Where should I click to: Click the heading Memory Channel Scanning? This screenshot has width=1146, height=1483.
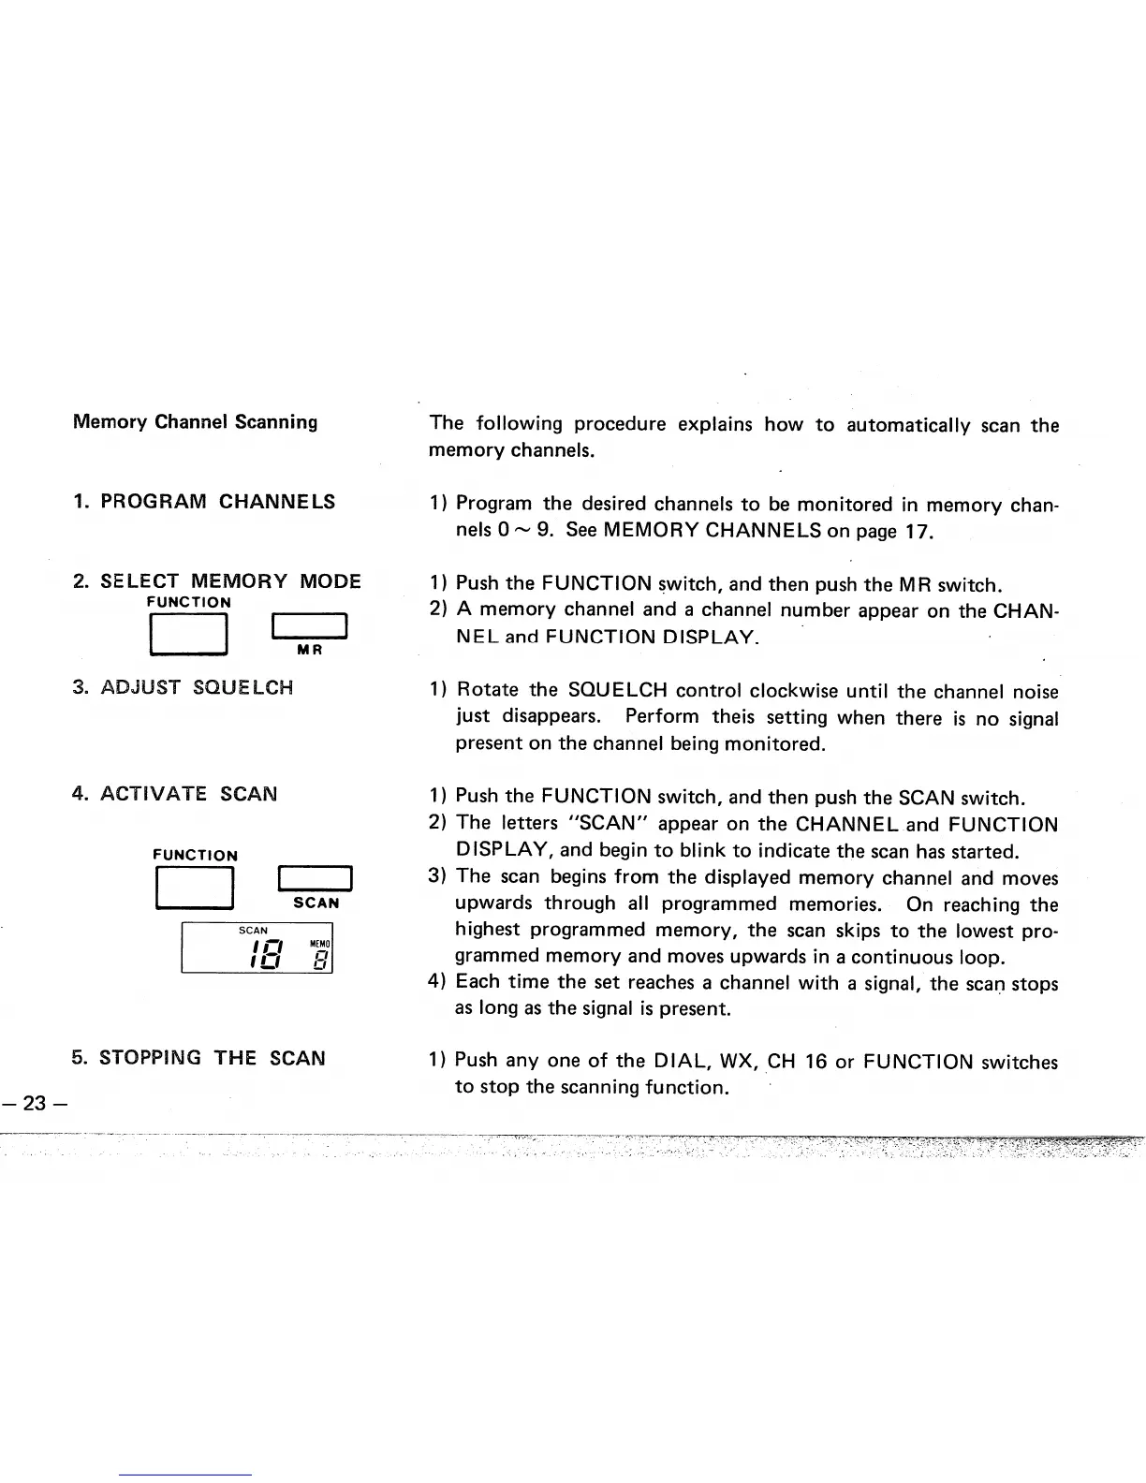click(x=195, y=421)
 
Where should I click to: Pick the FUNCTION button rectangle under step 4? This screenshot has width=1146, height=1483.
click(x=194, y=888)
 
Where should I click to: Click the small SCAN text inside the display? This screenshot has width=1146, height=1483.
click(x=254, y=931)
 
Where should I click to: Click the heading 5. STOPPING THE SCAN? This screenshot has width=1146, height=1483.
click(x=198, y=1058)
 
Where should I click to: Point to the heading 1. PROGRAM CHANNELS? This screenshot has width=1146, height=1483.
click(x=204, y=501)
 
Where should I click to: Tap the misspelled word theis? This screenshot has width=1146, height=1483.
click(x=735, y=718)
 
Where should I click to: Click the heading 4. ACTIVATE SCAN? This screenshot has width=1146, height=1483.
click(x=174, y=794)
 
